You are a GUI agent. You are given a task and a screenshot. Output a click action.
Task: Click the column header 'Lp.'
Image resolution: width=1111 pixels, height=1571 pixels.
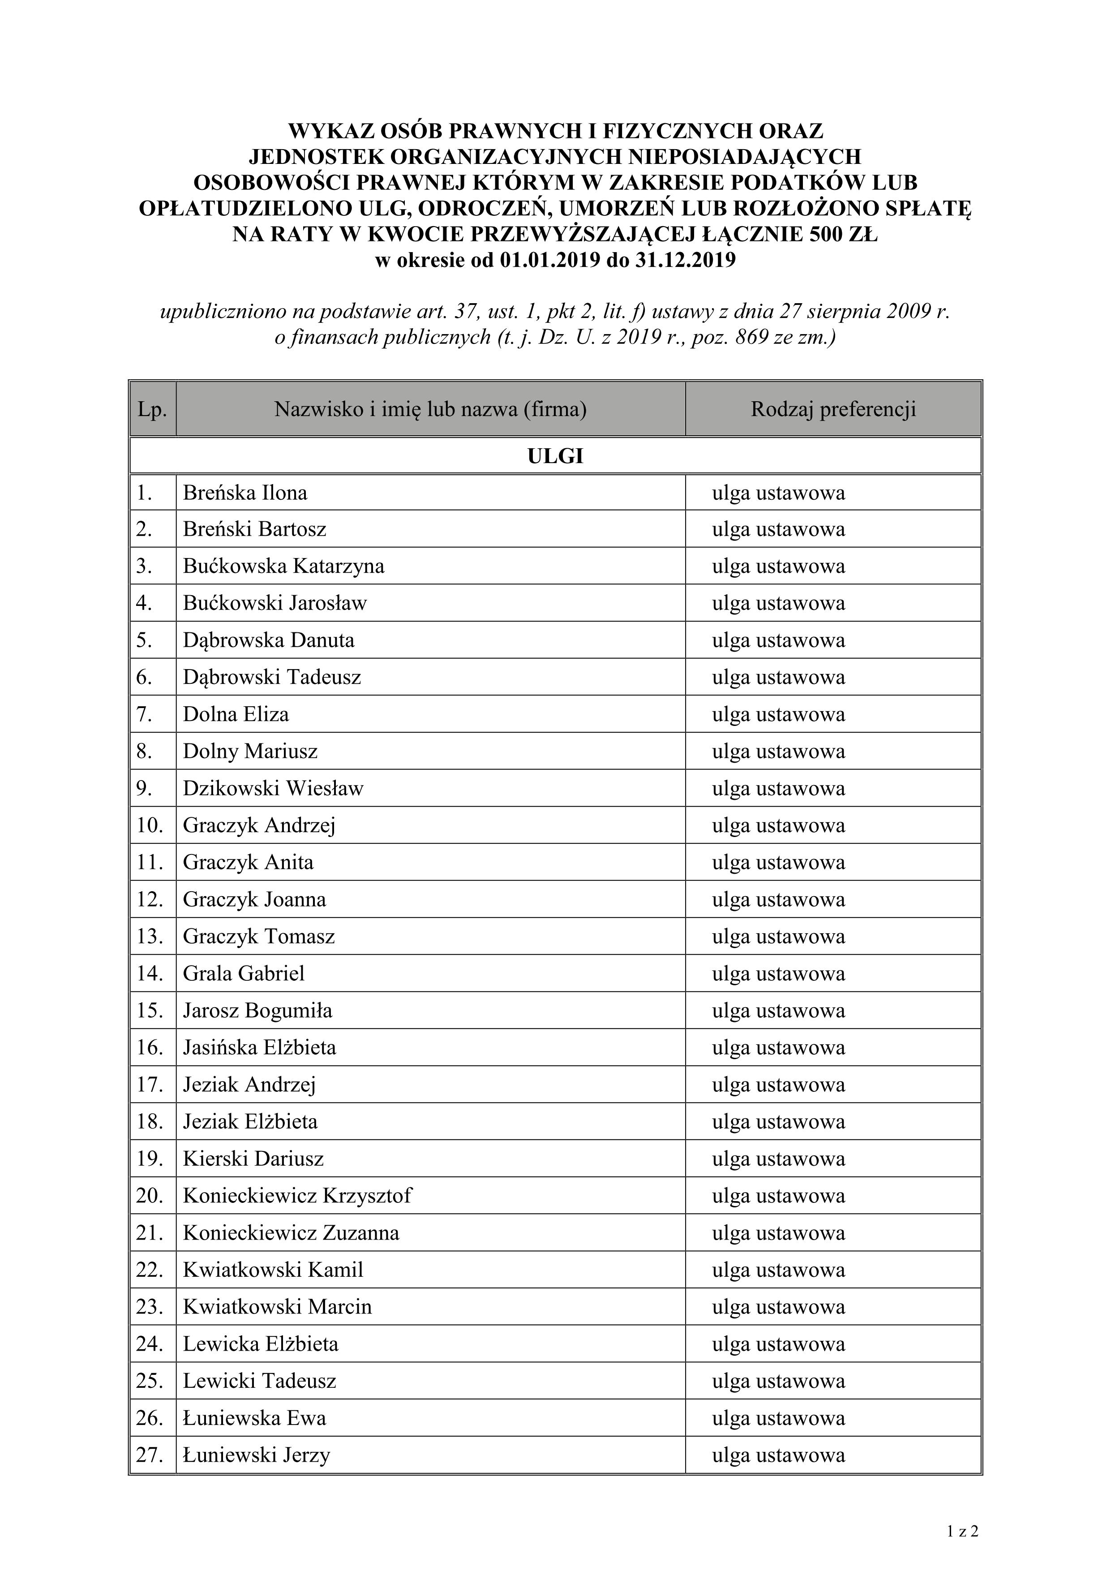coord(153,409)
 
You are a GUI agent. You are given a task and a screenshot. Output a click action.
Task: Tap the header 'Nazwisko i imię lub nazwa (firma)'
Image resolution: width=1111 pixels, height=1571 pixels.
coord(430,409)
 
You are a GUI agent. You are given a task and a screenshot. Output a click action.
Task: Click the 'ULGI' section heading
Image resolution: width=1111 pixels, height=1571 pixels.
coord(555,456)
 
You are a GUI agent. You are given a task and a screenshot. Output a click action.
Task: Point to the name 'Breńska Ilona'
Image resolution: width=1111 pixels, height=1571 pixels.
coord(245,493)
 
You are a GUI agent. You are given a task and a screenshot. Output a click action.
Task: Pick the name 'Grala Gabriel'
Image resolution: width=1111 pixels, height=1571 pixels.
coord(244,973)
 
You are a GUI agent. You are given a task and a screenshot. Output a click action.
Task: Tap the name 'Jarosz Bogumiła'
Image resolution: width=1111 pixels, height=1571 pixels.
coord(257,1011)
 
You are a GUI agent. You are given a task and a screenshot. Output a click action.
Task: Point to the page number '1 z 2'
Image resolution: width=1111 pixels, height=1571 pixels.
coord(962,1531)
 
